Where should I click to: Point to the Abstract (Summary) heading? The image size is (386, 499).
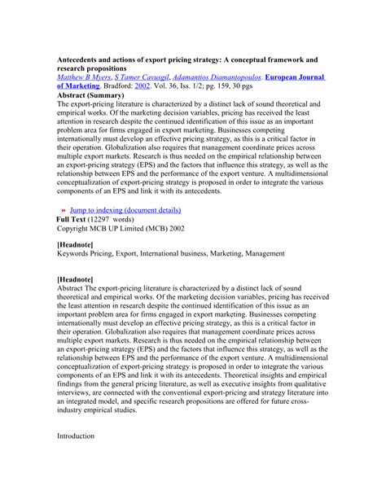[x=93, y=95]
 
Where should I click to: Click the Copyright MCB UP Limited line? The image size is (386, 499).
[x=125, y=229]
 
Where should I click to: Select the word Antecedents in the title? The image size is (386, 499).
[x=86, y=60]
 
